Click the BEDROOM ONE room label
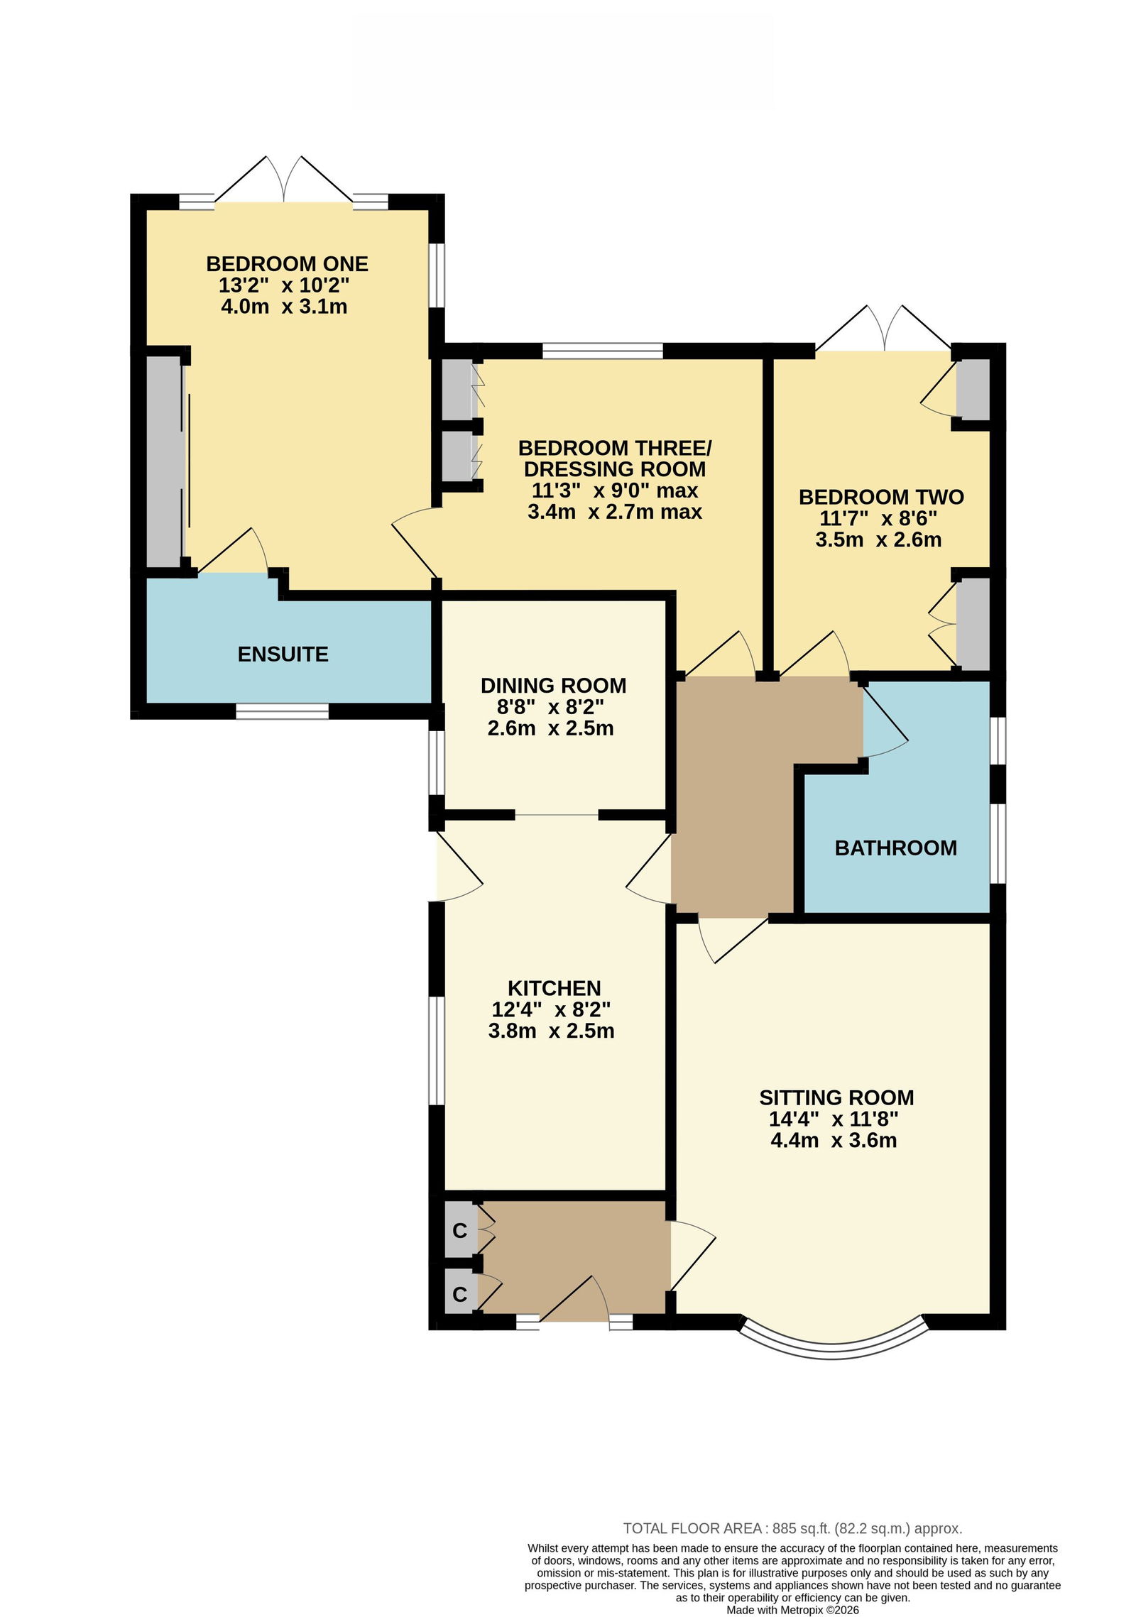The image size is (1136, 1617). (287, 264)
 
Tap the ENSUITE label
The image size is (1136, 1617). (283, 654)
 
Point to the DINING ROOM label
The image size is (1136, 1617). (553, 686)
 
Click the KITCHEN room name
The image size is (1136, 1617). (554, 988)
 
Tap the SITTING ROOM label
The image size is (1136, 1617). (836, 1097)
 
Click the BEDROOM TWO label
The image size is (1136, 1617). (881, 497)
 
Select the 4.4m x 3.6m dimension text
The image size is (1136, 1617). (834, 1141)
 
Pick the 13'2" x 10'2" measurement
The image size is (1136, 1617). (284, 285)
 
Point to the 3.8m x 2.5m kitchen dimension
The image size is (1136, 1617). (551, 1031)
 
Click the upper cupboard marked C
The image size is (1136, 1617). (459, 1230)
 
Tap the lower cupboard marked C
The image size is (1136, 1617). (459, 1294)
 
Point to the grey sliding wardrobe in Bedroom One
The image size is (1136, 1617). (164, 461)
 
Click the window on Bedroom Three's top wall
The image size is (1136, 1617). (603, 350)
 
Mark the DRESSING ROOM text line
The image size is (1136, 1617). (615, 469)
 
